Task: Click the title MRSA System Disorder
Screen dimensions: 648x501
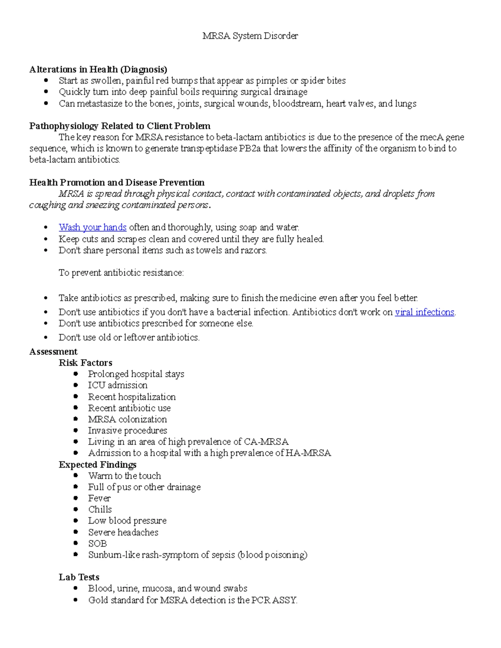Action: [x=250, y=36]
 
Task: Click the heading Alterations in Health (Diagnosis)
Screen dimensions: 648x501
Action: [x=98, y=69]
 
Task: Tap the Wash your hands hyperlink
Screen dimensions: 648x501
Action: [x=92, y=227]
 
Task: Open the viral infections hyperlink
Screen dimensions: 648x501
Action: [x=424, y=312]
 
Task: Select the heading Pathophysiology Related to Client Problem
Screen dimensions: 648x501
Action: [x=119, y=126]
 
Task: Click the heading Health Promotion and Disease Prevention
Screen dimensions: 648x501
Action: [x=117, y=182]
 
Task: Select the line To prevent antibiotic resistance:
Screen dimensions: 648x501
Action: [x=121, y=273]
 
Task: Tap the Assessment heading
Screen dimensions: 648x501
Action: [x=53, y=352]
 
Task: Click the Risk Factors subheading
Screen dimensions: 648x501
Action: [x=86, y=363]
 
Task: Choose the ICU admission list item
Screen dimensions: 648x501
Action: [x=118, y=385]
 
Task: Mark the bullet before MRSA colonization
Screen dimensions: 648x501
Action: [x=76, y=419]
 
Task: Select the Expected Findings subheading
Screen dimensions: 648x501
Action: [x=98, y=465]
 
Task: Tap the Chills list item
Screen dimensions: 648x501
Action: [x=100, y=509]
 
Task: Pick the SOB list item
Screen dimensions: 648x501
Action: [x=98, y=544]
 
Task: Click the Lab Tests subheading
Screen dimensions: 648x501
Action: [x=79, y=577]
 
